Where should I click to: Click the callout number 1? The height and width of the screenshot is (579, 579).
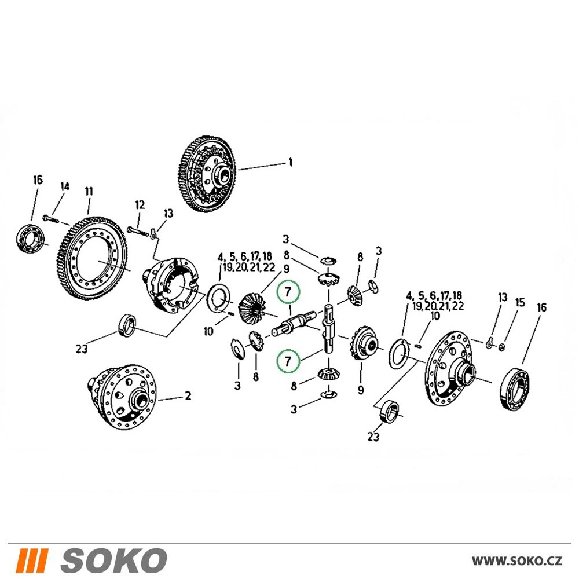(x=291, y=163)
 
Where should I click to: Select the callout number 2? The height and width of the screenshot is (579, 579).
(x=188, y=396)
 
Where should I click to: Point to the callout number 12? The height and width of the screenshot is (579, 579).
(x=140, y=204)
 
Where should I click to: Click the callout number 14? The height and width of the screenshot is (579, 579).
(x=65, y=186)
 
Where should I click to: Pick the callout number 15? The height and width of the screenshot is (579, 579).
(x=519, y=303)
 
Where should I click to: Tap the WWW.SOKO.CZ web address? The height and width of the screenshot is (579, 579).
(x=516, y=560)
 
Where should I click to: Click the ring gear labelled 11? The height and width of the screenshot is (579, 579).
(x=93, y=258)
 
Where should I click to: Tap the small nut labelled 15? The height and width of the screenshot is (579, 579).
(x=501, y=347)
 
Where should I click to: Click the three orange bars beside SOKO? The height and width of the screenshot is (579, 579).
(x=33, y=559)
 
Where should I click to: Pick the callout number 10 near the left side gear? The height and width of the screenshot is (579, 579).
(x=208, y=331)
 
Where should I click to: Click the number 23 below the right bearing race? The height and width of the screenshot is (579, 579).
(x=373, y=437)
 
